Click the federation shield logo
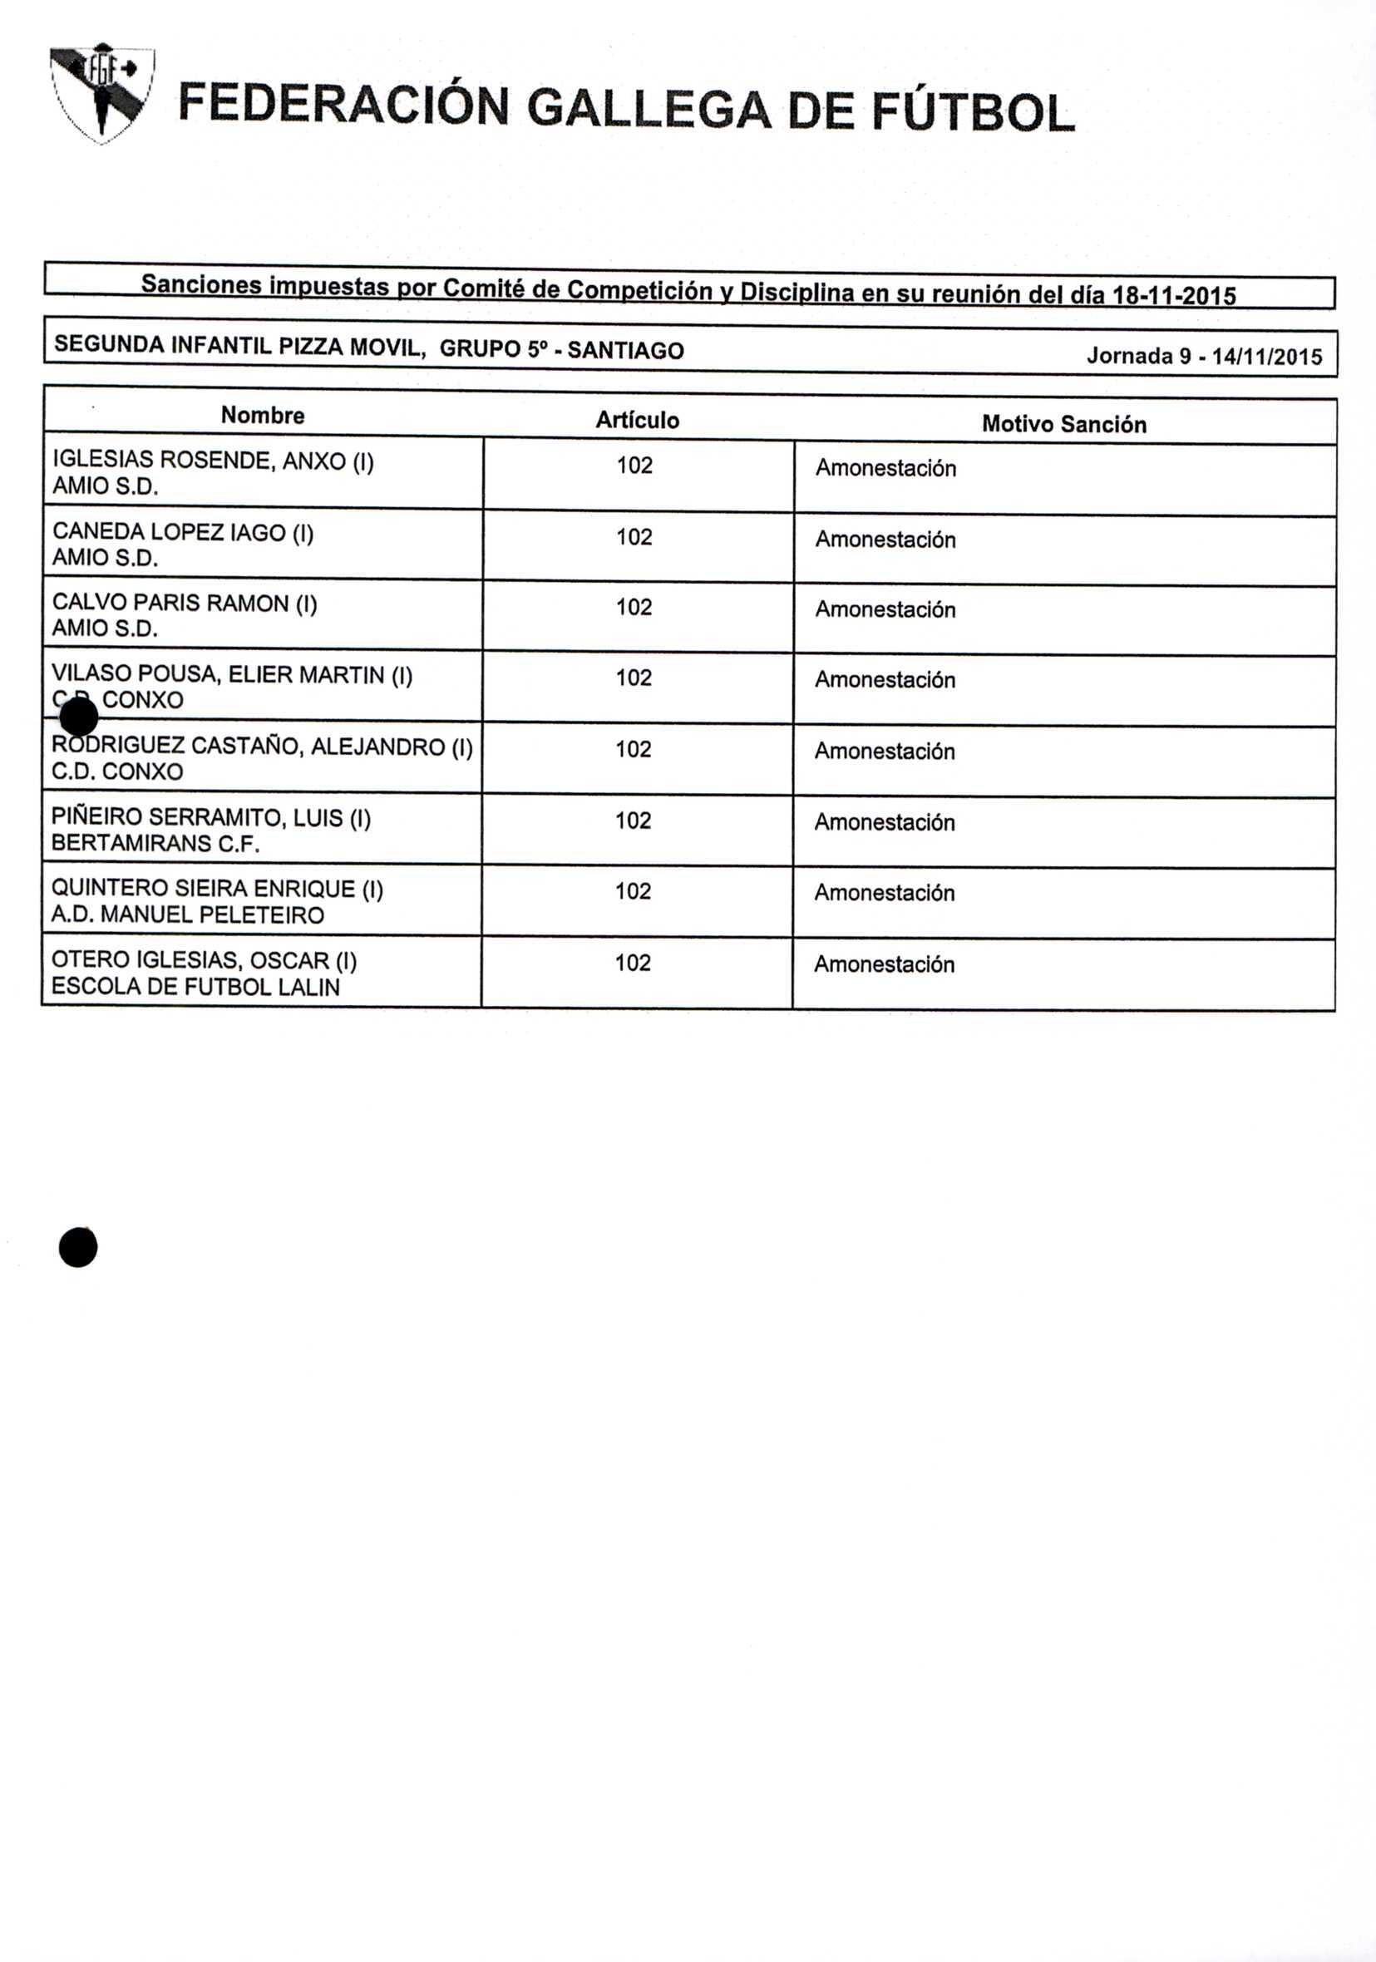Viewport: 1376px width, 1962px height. point(101,92)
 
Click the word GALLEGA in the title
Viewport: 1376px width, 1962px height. point(649,111)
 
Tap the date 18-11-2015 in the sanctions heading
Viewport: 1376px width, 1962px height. point(1172,296)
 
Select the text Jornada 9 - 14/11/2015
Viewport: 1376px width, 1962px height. point(1204,356)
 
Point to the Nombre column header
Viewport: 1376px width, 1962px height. point(263,416)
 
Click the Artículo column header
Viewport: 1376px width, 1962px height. point(638,420)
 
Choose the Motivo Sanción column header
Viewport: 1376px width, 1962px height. point(1064,424)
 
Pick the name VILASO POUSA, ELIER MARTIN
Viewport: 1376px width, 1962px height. point(232,675)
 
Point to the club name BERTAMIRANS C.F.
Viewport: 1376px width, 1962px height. point(155,844)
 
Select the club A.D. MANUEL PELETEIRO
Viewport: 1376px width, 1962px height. point(188,915)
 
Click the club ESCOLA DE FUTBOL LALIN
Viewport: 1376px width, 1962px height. point(195,987)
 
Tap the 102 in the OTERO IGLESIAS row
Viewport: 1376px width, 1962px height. point(633,963)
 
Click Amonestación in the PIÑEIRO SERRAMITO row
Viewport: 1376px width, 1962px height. point(885,822)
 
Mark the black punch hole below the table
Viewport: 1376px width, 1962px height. point(78,1248)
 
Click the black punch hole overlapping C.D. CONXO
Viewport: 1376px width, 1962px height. point(80,716)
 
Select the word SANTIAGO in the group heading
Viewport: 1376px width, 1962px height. point(625,350)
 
